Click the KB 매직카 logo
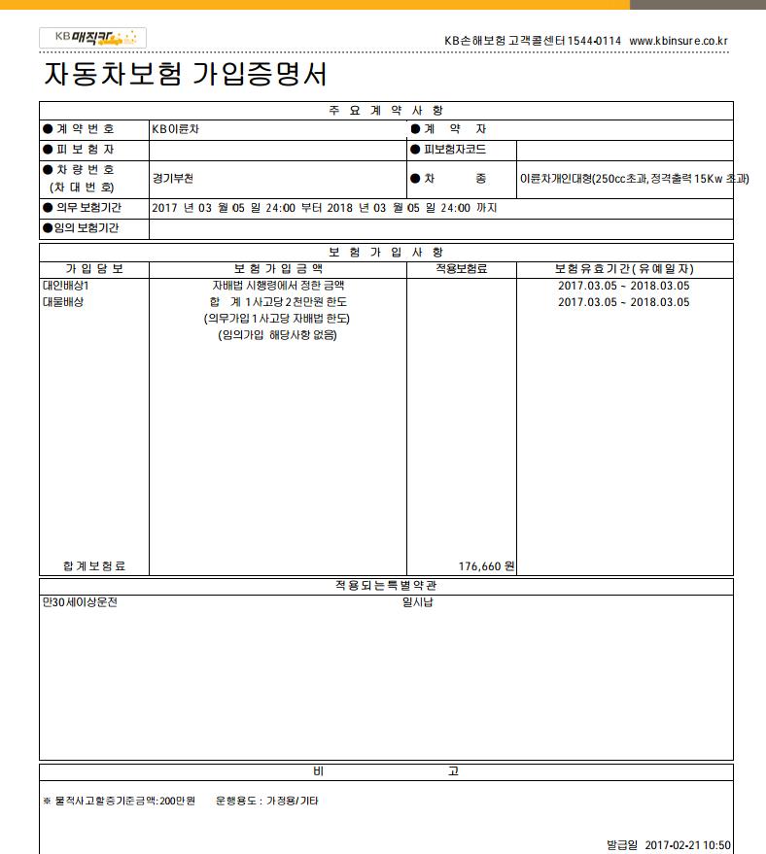[x=92, y=38]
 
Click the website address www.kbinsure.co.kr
[x=679, y=41]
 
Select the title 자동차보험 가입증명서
[x=186, y=75]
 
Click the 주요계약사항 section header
[x=386, y=110]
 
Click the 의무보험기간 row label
[x=88, y=208]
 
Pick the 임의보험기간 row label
[x=87, y=229]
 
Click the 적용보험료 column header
[x=461, y=269]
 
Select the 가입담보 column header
[x=94, y=269]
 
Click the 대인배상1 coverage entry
[x=65, y=286]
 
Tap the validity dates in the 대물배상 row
[x=623, y=302]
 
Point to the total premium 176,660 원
[x=486, y=565]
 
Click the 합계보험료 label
[x=94, y=565]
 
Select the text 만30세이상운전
[x=80, y=602]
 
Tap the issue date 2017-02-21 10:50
[x=687, y=845]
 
